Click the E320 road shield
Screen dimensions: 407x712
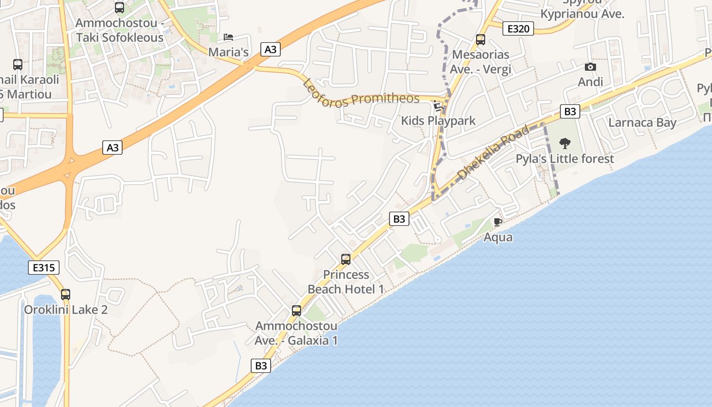(518, 28)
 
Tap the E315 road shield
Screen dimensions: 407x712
(44, 268)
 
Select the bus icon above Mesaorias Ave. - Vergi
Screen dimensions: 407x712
(481, 40)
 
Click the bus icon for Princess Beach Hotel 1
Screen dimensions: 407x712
(346, 259)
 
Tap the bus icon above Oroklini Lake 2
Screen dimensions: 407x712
(66, 294)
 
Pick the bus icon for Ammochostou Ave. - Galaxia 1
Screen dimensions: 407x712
(296, 311)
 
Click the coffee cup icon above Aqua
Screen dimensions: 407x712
(498, 222)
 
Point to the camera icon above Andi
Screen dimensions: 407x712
(590, 67)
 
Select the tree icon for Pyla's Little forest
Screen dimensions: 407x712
(565, 143)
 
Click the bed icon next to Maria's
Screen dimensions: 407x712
(229, 37)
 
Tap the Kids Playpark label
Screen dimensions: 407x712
(438, 121)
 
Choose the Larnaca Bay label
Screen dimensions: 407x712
(642, 123)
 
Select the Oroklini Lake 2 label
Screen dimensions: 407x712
(66, 310)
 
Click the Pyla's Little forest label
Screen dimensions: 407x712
(565, 159)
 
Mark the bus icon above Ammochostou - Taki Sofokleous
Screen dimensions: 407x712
(120, 8)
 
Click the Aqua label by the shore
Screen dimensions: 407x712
(498, 237)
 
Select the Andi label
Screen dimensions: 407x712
(590, 82)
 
